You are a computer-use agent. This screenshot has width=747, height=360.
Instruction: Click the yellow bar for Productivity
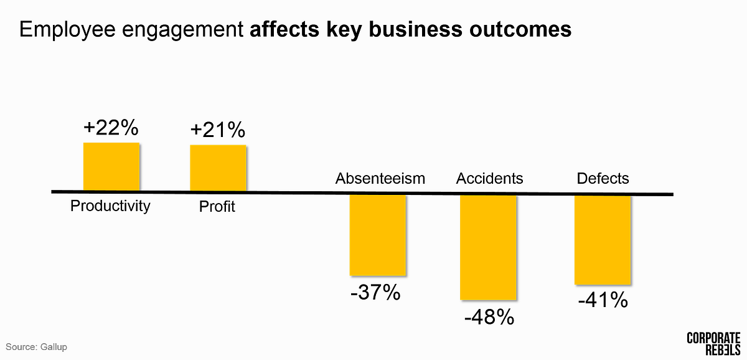pos(111,166)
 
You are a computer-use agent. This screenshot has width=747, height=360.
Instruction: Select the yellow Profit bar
pos(218,168)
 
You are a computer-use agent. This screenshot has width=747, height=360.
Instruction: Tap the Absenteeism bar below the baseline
pos(377,235)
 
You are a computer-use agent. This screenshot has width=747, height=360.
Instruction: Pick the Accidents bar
pos(488,247)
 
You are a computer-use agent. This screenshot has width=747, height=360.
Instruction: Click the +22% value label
pos(111,128)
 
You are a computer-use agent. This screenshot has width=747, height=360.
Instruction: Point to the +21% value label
pos(218,130)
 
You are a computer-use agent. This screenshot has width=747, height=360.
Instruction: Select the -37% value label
pos(375,292)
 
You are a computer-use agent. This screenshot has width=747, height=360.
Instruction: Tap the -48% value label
pos(489,317)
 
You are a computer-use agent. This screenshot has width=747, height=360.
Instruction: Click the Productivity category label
pos(110,206)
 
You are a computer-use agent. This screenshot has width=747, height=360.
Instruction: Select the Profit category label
pos(217,207)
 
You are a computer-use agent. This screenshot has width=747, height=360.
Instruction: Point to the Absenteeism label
pos(380,179)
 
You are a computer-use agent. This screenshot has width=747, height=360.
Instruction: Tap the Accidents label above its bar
pos(489,179)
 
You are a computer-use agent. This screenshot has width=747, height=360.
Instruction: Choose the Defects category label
pos(603,179)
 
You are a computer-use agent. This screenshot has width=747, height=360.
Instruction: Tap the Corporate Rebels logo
pos(713,343)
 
